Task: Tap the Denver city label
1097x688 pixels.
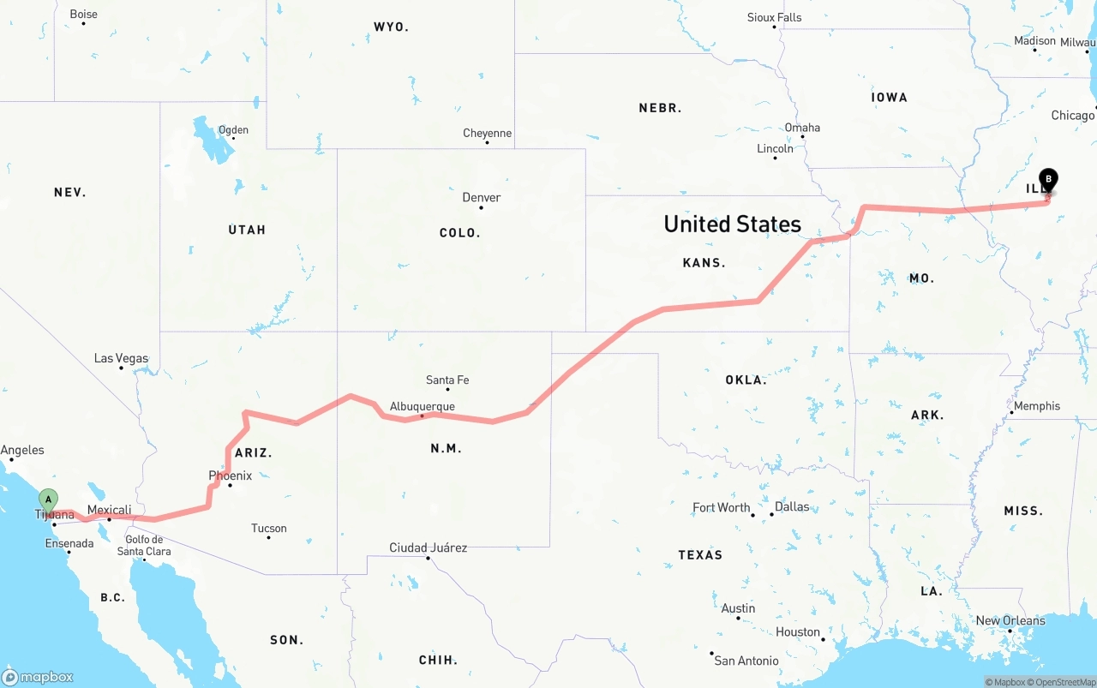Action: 481,198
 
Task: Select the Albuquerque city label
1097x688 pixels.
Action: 422,407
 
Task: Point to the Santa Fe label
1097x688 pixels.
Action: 447,380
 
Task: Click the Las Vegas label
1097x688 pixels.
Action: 121,358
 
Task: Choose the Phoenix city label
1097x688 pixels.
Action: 230,476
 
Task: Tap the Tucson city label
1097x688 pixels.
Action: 268,529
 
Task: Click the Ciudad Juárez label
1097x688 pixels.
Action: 428,547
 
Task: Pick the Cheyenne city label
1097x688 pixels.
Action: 487,134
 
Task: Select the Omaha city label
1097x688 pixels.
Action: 802,128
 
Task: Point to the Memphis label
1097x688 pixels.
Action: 1036,406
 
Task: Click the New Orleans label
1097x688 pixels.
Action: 1010,621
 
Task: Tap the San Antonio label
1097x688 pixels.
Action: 746,661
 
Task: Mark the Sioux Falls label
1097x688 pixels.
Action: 774,18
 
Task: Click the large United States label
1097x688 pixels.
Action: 732,224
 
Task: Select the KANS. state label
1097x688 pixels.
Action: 704,263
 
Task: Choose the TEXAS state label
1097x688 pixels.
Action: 700,555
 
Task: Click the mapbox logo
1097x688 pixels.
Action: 38,677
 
